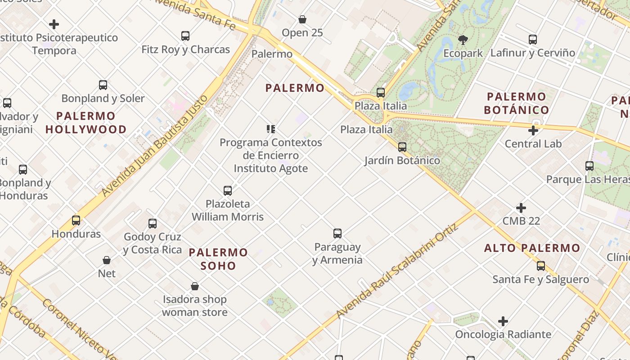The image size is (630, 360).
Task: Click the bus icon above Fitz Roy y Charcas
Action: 185,36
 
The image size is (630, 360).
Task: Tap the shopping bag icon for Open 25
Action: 302,19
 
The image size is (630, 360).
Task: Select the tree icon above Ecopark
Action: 463,40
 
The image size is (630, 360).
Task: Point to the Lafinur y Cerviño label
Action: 532,53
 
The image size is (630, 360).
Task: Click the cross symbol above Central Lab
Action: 533,131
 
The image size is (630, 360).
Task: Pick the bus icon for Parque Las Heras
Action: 589,166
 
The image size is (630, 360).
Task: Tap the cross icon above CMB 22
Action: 521,208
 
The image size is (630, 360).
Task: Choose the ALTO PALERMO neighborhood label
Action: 532,248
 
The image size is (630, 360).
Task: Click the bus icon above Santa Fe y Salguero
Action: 541,266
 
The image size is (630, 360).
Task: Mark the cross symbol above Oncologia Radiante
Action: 503,321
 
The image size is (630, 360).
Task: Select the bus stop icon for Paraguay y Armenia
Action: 337,234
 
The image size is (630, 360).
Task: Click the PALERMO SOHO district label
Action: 218,259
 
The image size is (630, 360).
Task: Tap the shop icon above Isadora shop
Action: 195,286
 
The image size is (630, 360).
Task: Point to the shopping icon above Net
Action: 107,260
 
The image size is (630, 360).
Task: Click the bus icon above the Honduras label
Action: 76,220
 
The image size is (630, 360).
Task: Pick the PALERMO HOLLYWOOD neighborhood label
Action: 86,123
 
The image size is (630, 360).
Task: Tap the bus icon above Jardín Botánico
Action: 402,147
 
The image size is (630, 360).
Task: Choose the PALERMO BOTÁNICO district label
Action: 516,103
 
